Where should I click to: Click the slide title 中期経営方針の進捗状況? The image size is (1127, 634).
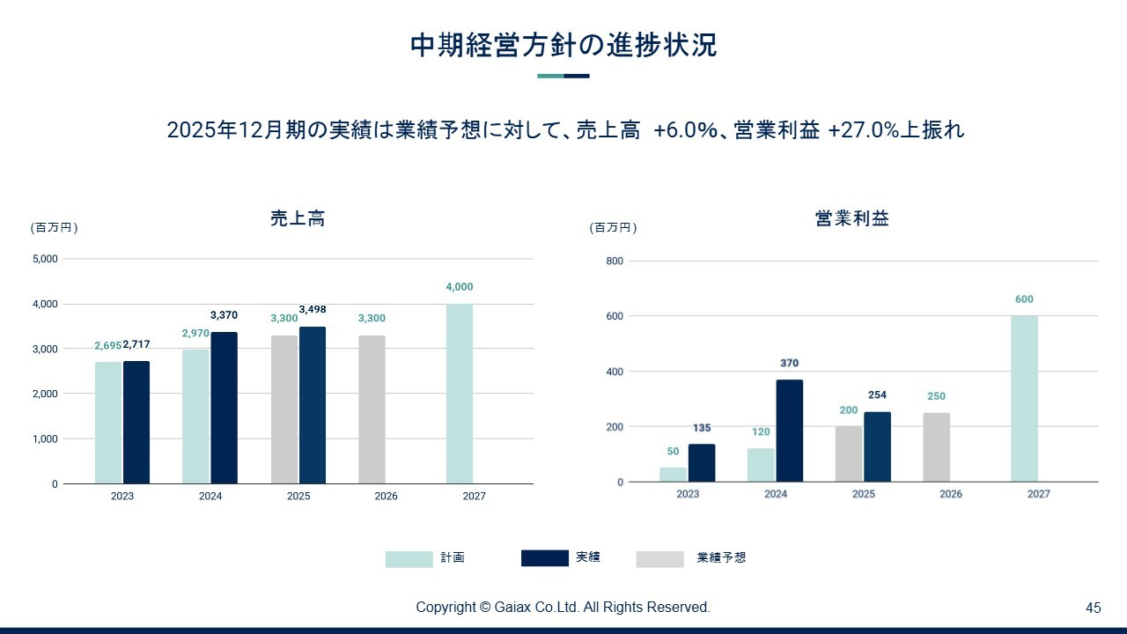point(563,45)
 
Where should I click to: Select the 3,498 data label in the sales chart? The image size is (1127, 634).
point(313,309)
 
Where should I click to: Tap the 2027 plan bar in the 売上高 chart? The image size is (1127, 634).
point(460,394)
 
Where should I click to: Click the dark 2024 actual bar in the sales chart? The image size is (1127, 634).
point(224,408)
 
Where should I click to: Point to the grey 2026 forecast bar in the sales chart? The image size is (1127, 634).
point(372,409)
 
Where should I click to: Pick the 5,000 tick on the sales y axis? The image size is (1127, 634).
point(45,259)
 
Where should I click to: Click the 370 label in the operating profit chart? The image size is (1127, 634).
point(790,363)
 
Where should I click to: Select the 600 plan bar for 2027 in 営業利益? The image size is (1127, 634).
point(1024,399)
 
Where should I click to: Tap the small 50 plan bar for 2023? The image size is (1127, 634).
point(674,475)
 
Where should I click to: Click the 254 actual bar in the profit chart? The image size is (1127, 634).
point(878,446)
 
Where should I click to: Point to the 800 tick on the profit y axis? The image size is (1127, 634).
point(615,261)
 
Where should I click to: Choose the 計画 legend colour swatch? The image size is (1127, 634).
point(409,559)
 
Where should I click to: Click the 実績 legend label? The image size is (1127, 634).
point(587,557)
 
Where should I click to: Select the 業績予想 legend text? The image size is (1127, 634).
point(721,557)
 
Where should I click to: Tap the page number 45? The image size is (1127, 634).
point(1094,608)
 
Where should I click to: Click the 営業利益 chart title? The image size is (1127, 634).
point(851,218)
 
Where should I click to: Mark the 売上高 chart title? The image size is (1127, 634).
point(298,218)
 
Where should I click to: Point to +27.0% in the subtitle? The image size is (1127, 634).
point(864,129)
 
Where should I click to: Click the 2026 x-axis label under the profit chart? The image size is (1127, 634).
point(951,494)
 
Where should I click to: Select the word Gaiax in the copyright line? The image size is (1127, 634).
point(512,608)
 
